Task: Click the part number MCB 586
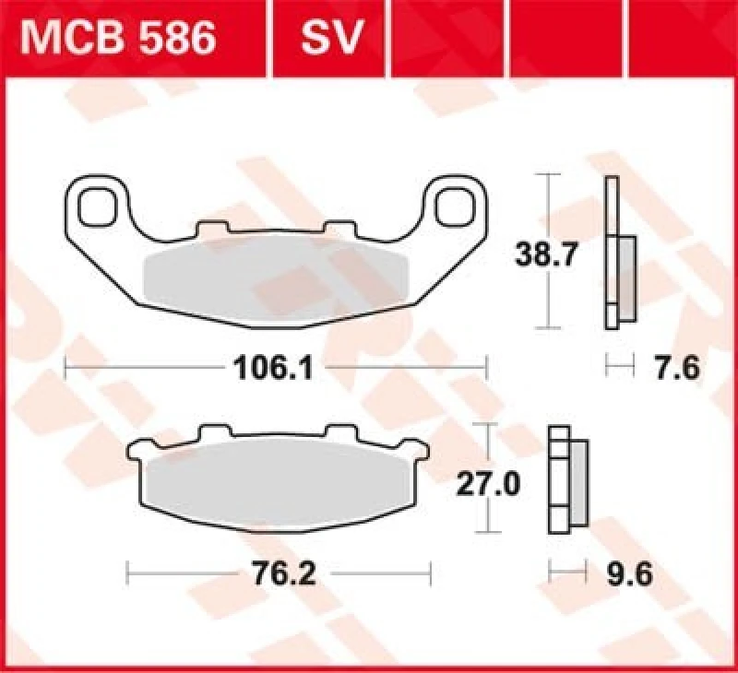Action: [x=120, y=39]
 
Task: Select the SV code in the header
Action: [x=330, y=39]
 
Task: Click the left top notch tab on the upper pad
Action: [x=212, y=228]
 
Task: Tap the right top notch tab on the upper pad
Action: [x=338, y=228]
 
